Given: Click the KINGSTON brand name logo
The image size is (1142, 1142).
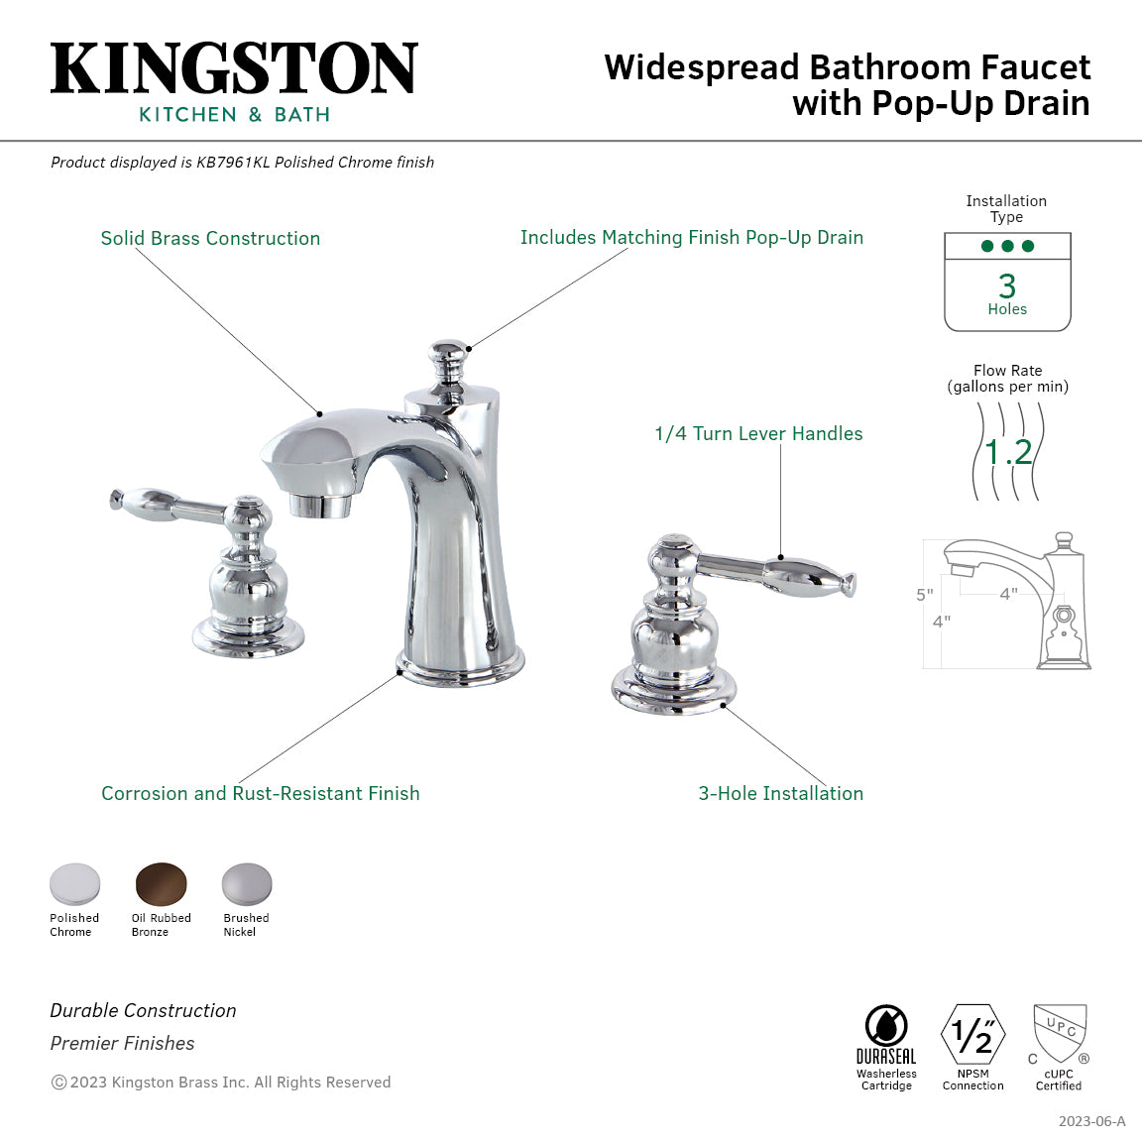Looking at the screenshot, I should point(234,68).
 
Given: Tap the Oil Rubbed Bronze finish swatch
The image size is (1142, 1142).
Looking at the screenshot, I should point(161,883).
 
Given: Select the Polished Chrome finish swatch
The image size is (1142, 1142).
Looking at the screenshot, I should point(75,883).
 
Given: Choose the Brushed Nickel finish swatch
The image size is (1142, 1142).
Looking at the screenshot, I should point(246,883).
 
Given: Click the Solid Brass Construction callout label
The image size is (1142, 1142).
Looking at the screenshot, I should point(210,238).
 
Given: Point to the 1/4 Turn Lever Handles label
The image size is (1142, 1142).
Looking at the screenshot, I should point(758,433).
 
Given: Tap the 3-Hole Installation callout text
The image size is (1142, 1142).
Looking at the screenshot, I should point(780,793).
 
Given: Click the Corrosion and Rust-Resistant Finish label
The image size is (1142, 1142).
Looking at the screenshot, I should point(261,793).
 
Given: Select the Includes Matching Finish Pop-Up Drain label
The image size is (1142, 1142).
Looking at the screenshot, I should point(691,237).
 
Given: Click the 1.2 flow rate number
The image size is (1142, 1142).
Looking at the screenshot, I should point(1008,452).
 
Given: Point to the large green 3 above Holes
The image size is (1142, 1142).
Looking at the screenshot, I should point(1007,285).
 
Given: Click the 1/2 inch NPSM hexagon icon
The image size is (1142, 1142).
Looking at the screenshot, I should point(972,1035).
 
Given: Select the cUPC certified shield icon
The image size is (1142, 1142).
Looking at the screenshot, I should point(1060,1032).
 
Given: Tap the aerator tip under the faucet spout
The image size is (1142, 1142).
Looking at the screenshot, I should point(320,506).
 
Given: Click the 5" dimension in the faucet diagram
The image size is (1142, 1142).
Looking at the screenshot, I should point(924,595).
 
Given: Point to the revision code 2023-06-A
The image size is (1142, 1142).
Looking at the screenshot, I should point(1091,1121).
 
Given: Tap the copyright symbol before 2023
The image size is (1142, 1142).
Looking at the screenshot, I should point(58,1083).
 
